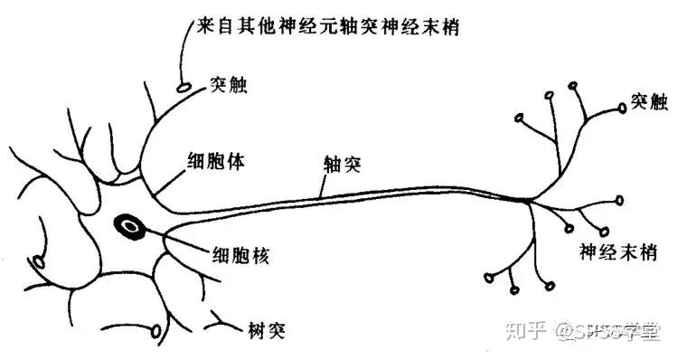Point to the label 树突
pos(267,327)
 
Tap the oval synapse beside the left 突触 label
pos(184,88)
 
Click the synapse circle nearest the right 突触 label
pos(623,108)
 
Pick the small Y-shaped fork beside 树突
pos(221,318)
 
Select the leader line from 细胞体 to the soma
pos(166,180)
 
